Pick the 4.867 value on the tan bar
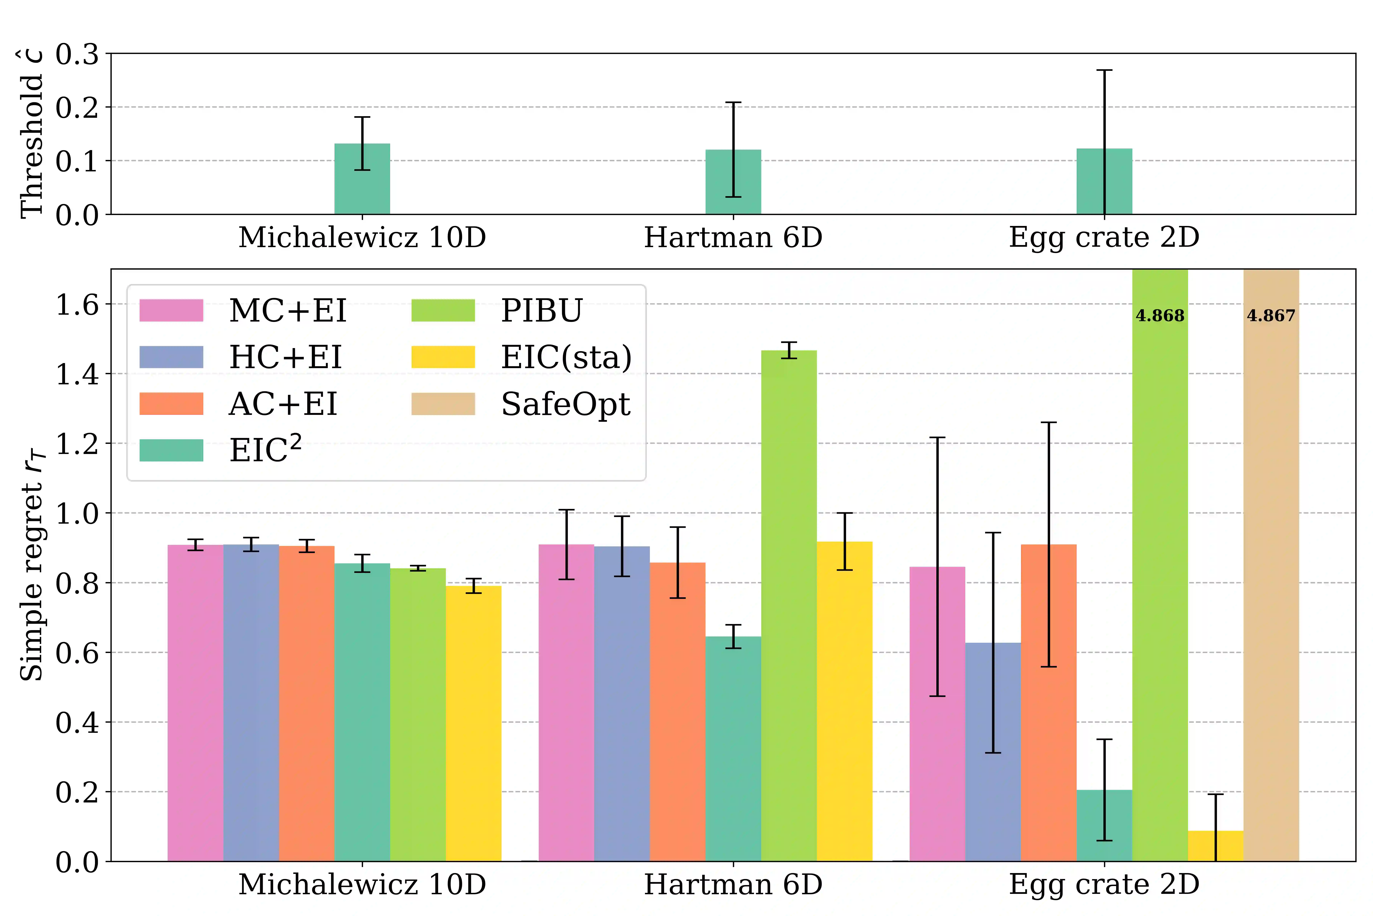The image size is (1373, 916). [x=1271, y=316]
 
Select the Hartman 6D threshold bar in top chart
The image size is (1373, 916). [x=733, y=182]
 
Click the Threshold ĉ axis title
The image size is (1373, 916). [x=32, y=134]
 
